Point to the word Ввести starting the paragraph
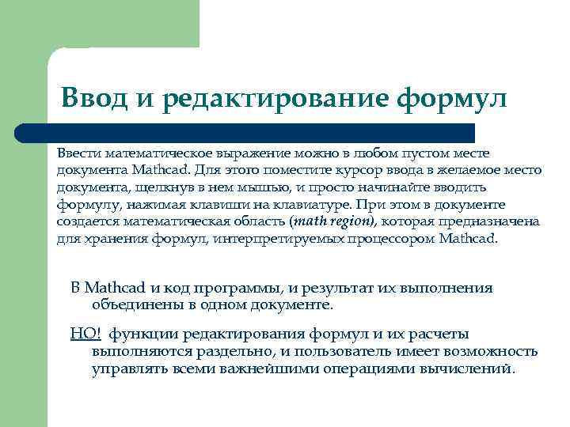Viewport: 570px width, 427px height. pos(78,152)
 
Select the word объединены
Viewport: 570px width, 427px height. pos(135,304)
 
